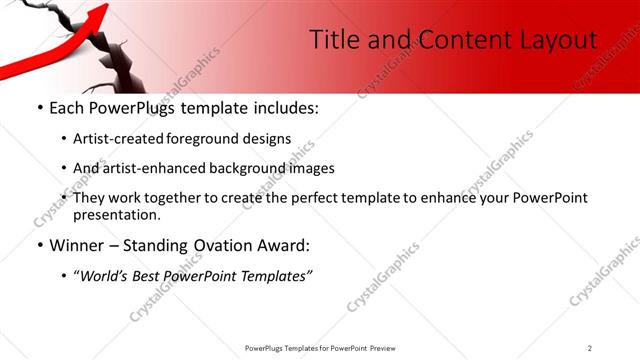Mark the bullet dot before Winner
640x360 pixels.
(39, 245)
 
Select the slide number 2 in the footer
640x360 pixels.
(590, 348)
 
